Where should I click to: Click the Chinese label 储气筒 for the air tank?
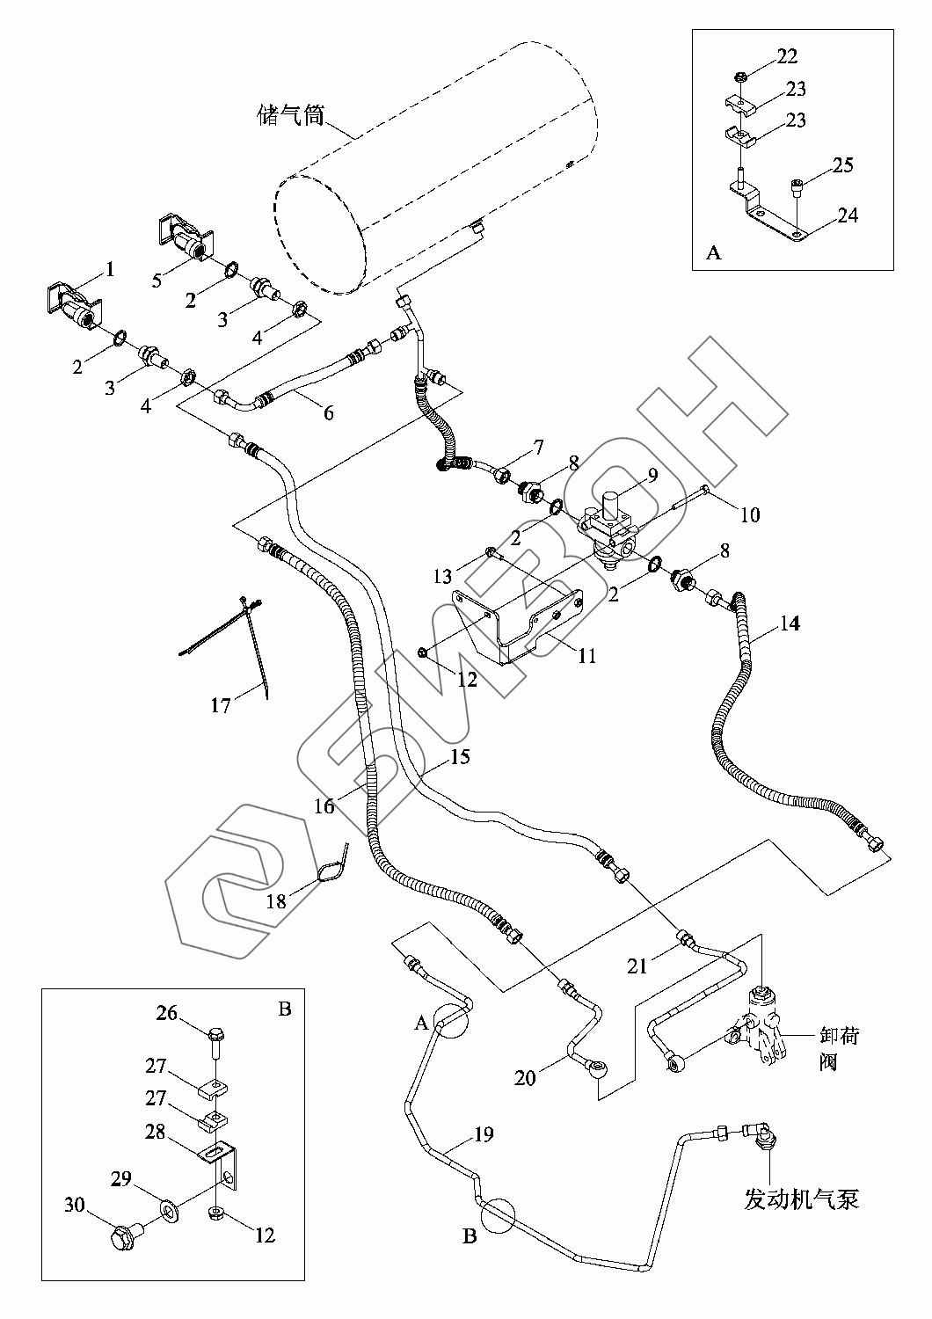click(x=291, y=115)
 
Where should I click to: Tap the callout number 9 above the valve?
click(x=652, y=475)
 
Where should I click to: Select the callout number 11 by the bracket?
click(x=587, y=655)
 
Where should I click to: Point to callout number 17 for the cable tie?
click(x=221, y=705)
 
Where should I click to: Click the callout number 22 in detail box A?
click(x=787, y=56)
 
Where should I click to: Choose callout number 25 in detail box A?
click(x=843, y=165)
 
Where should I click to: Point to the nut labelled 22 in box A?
click(x=740, y=77)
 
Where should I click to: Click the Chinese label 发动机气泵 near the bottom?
click(x=801, y=1199)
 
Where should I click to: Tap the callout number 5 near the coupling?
click(x=156, y=281)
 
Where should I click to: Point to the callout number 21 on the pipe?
click(x=637, y=966)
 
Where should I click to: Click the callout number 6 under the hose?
click(x=329, y=412)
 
